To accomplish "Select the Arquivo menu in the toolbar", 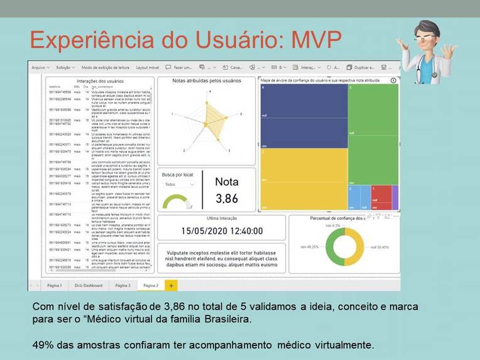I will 40,67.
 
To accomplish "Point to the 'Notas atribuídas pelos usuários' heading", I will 206,80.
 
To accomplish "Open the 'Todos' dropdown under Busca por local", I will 178,185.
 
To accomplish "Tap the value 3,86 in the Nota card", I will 227,199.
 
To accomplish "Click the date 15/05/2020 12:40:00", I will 222,231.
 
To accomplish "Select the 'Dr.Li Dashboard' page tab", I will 88,285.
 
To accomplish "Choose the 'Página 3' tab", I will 123,285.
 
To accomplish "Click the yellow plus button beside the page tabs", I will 170,285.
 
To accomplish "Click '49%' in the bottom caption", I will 42,344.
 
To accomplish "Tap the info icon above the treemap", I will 393,80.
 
